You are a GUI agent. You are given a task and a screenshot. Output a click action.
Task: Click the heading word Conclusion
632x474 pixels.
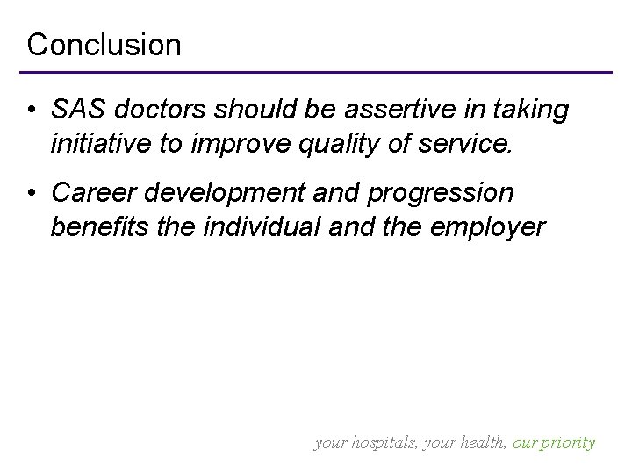click(x=104, y=44)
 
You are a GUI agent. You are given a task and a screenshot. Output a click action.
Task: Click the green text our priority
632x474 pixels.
click(x=552, y=442)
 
